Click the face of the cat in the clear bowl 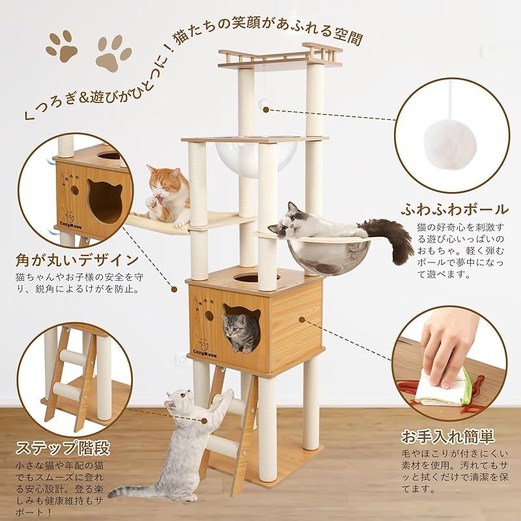pyautogui.click(x=290, y=222)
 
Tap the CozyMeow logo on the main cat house pyautogui.click(x=204, y=348)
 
